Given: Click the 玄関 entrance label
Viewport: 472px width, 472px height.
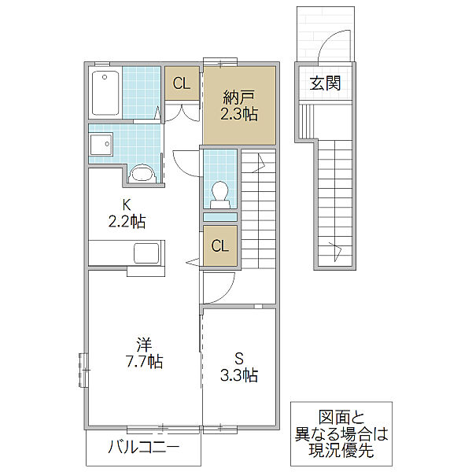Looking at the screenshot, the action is pyautogui.click(x=325, y=83).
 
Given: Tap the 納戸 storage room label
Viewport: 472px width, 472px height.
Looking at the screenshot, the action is pyautogui.click(x=239, y=98).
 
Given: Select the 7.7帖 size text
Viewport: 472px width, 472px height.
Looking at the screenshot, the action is pyautogui.click(x=145, y=361).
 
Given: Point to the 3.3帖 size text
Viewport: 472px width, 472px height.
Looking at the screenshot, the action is pyautogui.click(x=239, y=375).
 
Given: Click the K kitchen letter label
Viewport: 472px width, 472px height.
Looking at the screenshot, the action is pyautogui.click(x=127, y=205).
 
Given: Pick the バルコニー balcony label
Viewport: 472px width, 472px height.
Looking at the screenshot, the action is pyautogui.click(x=144, y=447).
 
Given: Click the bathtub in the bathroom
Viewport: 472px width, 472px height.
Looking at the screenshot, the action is pyautogui.click(x=105, y=93).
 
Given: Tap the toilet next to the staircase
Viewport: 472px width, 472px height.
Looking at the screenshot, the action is pyautogui.click(x=219, y=195).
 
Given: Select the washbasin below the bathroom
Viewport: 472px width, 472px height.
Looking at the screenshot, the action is pyautogui.click(x=101, y=144).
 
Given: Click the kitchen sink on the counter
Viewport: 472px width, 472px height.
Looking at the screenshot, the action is pyautogui.click(x=146, y=253).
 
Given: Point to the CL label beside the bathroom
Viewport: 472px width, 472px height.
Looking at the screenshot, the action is pyautogui.click(x=182, y=83).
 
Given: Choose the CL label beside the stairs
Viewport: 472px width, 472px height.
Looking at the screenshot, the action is pyautogui.click(x=220, y=246).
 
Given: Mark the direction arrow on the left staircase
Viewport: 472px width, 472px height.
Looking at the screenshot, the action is pyautogui.click(x=259, y=163).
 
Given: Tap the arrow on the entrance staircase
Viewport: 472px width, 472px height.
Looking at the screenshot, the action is pyautogui.click(x=335, y=252).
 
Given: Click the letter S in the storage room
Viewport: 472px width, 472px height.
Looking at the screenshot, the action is pyautogui.click(x=239, y=359).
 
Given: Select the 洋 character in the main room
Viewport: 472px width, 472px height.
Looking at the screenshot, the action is pyautogui.click(x=145, y=345).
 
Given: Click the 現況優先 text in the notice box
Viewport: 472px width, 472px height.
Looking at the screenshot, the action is pyautogui.click(x=341, y=450).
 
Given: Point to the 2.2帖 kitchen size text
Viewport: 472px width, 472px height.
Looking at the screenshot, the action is pyautogui.click(x=127, y=222).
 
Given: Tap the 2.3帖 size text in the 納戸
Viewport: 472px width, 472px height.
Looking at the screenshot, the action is pyautogui.click(x=239, y=114).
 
